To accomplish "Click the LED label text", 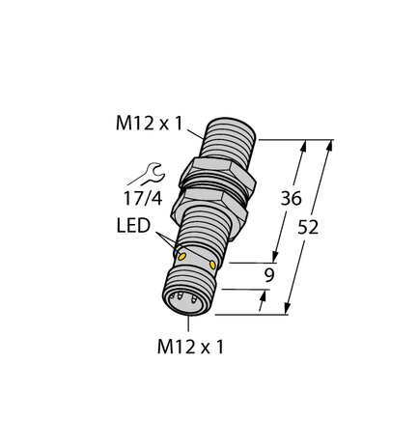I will tap(134, 226).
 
